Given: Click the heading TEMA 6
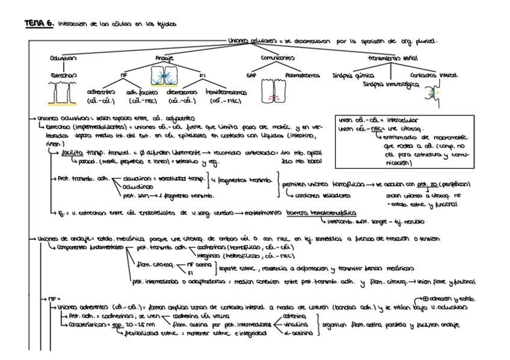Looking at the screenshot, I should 40,23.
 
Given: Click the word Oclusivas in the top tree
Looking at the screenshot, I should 64,58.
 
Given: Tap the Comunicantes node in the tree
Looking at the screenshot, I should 277,58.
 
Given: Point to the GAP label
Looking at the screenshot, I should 251,76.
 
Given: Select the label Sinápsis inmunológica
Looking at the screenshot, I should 389,84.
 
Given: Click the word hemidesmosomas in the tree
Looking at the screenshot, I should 227,93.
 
